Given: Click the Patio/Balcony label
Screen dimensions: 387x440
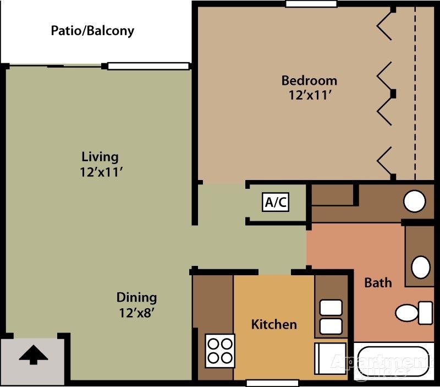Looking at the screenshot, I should pyautogui.click(x=92, y=30).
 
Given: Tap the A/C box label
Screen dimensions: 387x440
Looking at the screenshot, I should pyautogui.click(x=276, y=202).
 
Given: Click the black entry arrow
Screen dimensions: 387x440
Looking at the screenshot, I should pyautogui.click(x=34, y=355).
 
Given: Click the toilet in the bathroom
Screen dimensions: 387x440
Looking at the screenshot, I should pyautogui.click(x=413, y=313).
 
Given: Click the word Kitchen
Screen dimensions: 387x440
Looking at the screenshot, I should pyautogui.click(x=274, y=324).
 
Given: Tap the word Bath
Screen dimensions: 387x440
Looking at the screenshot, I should pyautogui.click(x=378, y=282).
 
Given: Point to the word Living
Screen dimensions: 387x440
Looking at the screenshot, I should pyautogui.click(x=100, y=156).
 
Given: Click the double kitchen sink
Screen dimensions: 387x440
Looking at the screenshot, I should pyautogui.click(x=331, y=316).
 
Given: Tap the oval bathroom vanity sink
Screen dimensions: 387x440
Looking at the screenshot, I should pyautogui.click(x=421, y=267).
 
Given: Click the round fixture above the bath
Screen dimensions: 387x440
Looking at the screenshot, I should pyautogui.click(x=415, y=201).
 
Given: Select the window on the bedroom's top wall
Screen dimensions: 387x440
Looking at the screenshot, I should pyautogui.click(x=311, y=4).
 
